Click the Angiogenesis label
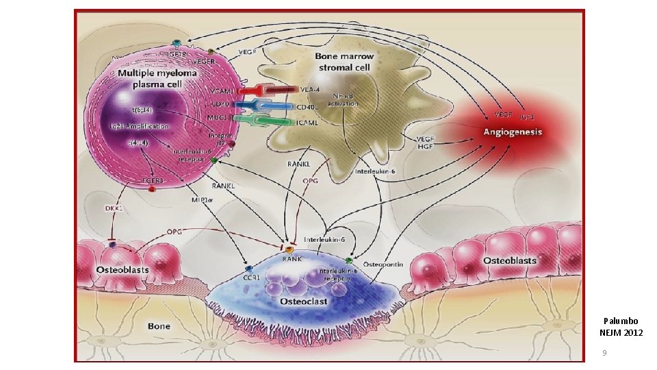point(513,132)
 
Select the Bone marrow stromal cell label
point(344,61)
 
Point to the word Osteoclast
point(303,301)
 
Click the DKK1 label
point(112,209)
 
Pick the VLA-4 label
point(309,89)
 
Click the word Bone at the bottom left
point(159,325)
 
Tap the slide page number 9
point(604,353)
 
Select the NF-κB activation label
point(343,99)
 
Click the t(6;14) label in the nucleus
point(142,110)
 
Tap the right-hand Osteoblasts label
point(510,261)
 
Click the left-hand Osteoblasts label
point(123,269)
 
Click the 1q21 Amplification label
point(139,127)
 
